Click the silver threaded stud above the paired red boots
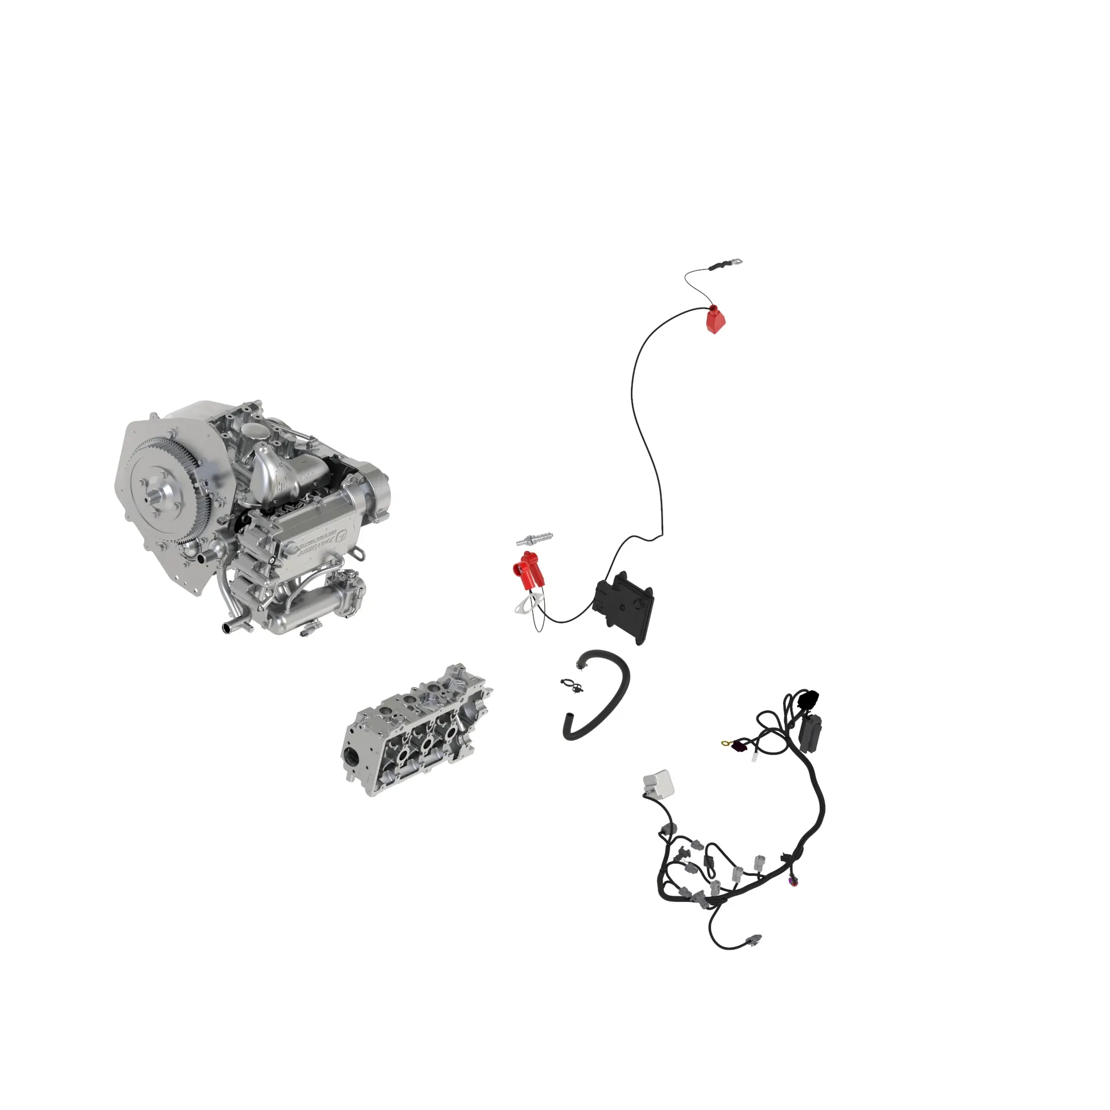coord(534,538)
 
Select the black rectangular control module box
coord(624,606)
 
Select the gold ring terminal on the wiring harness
coord(725,744)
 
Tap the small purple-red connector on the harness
coord(795,882)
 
